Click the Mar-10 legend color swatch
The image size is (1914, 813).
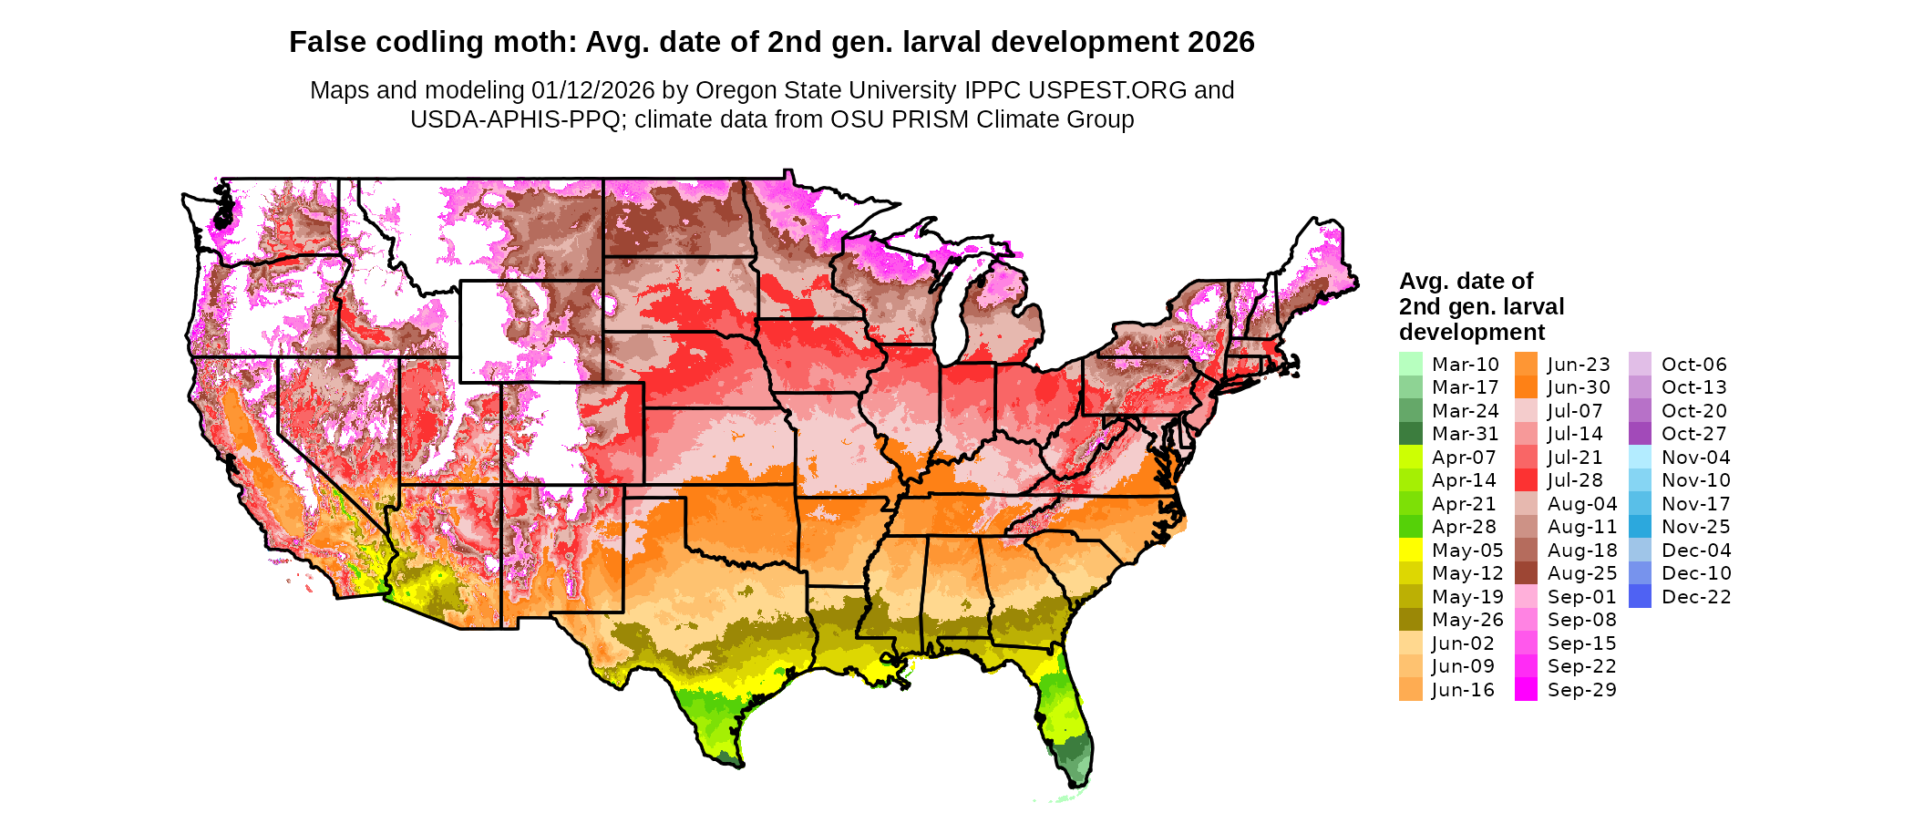point(1410,364)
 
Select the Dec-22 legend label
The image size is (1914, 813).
point(1695,597)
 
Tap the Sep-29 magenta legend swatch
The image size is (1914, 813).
point(1526,690)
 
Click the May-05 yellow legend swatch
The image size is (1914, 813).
point(1410,550)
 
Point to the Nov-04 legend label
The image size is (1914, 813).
point(1695,458)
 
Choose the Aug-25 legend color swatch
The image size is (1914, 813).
point(1526,573)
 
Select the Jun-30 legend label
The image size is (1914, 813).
point(1579,387)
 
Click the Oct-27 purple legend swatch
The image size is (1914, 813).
point(1640,434)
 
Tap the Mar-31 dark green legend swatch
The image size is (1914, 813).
point(1410,434)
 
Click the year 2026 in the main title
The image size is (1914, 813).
point(1220,42)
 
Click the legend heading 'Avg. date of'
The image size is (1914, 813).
point(1466,281)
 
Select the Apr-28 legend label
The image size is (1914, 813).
point(1464,527)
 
